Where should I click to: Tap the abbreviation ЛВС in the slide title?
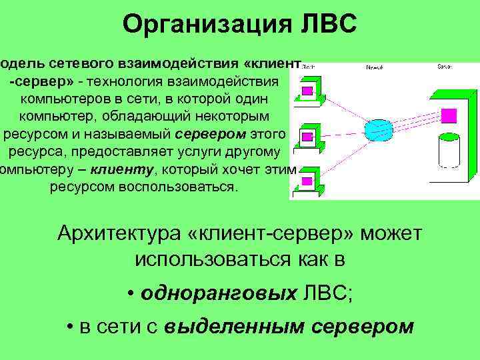325,25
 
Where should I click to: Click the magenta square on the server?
450,115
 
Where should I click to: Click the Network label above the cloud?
375,68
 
